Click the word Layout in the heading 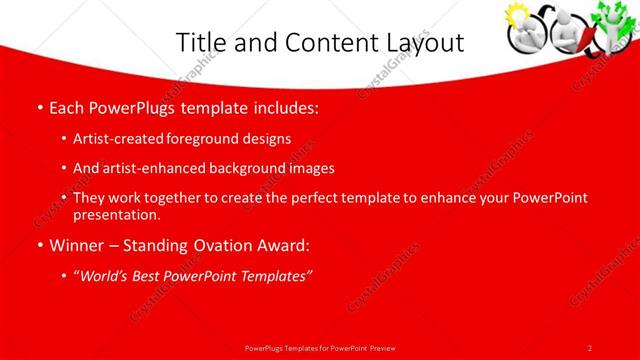point(422,43)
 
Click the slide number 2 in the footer point(590,347)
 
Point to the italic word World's point(104,275)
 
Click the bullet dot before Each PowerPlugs point(38,107)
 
